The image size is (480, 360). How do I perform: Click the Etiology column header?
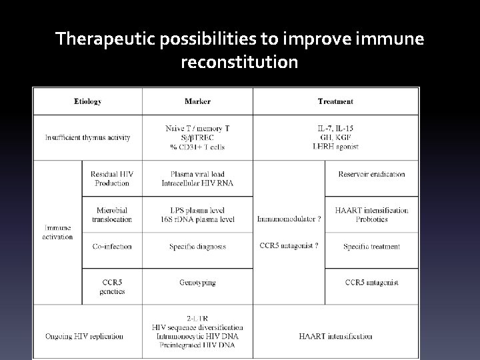[x=87, y=101]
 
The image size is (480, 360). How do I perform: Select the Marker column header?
[x=197, y=101]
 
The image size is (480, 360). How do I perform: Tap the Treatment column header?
[x=335, y=101]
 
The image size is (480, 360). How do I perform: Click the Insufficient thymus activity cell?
[x=87, y=137]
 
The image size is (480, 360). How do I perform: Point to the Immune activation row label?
[x=57, y=232]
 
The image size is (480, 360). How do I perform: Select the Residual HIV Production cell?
[x=111, y=179]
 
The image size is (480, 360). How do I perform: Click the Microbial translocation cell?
[x=111, y=215]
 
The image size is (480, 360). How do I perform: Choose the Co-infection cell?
[x=111, y=246]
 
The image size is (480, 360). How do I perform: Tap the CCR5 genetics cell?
[x=111, y=287]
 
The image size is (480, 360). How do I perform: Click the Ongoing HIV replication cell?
[x=87, y=336]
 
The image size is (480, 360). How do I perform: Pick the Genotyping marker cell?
[x=197, y=283]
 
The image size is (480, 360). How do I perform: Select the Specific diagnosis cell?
[x=197, y=246]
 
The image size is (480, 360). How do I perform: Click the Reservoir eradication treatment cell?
[x=371, y=174]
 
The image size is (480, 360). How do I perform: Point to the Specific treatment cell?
[x=371, y=246]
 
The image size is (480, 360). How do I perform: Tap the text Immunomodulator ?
[x=289, y=219]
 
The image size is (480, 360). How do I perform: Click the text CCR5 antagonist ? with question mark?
[x=289, y=245]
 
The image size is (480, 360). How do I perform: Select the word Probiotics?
[x=371, y=219]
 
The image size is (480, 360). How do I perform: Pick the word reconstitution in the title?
[x=239, y=63]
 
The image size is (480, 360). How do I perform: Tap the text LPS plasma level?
[x=197, y=210]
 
